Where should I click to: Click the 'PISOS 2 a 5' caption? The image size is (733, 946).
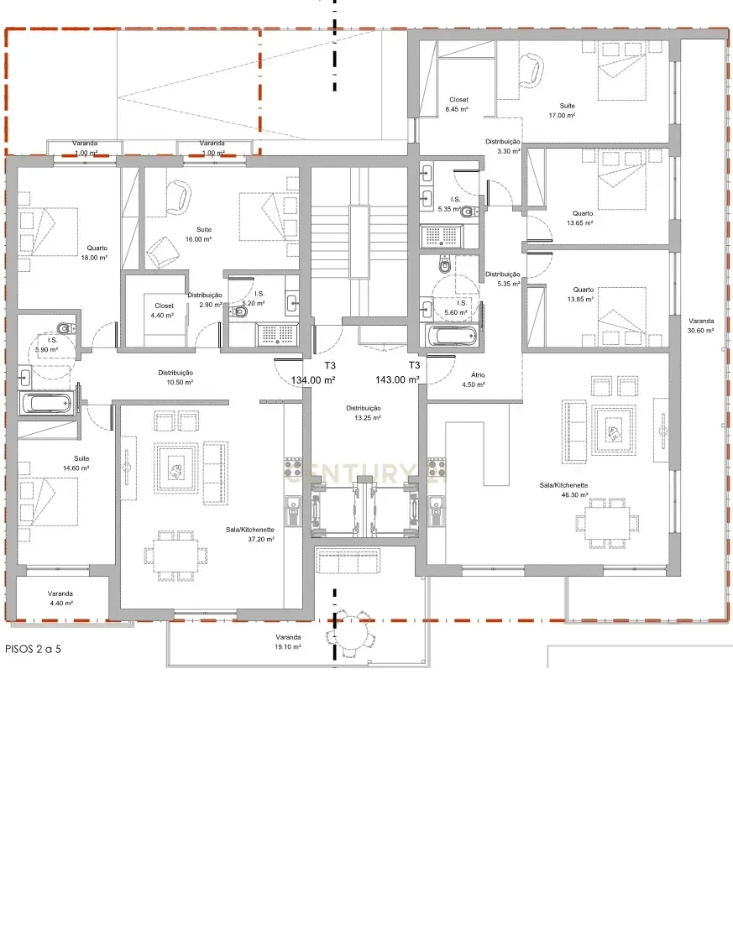tap(34, 649)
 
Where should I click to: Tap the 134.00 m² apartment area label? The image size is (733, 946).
tap(313, 379)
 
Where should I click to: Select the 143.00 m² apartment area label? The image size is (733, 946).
tap(397, 379)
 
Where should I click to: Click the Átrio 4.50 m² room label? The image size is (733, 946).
tap(473, 379)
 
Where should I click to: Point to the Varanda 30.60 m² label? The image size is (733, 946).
tap(701, 326)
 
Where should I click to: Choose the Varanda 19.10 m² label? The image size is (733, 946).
tap(288, 642)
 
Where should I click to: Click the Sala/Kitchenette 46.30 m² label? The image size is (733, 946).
tap(563, 491)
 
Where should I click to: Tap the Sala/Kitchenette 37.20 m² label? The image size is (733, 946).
tap(250, 535)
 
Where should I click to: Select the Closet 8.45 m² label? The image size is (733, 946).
tap(458, 104)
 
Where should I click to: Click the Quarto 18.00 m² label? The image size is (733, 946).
tap(94, 253)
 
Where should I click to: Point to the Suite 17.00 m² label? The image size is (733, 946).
tap(563, 110)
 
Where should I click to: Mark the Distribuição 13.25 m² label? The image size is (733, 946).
tap(364, 412)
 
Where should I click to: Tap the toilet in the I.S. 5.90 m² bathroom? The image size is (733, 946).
tap(63, 328)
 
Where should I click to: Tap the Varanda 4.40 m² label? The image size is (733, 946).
tap(60, 598)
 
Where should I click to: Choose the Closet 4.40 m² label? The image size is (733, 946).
tap(164, 311)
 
